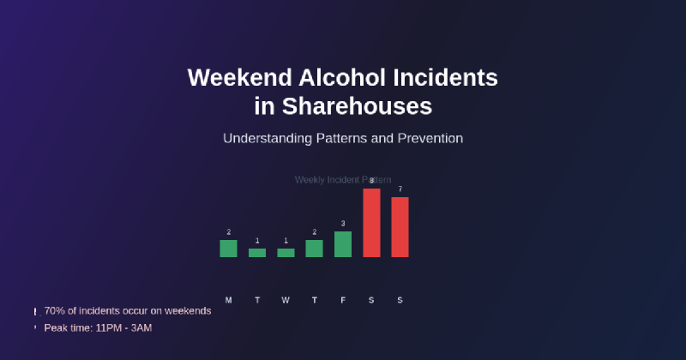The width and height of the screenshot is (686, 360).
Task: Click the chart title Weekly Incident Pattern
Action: [343, 180]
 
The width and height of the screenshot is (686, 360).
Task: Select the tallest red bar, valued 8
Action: [371, 223]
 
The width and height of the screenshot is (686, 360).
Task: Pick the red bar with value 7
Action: [400, 227]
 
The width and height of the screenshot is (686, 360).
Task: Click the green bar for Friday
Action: [343, 244]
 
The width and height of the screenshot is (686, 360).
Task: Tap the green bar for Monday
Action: [228, 249]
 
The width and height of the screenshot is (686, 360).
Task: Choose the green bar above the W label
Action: [286, 253]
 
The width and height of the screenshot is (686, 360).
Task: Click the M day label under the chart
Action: [228, 300]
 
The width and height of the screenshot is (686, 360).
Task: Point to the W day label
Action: [286, 300]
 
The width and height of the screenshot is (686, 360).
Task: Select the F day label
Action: [343, 300]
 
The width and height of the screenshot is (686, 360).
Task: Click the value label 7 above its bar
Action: [400, 189]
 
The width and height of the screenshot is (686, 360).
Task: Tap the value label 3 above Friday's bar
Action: [343, 224]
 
